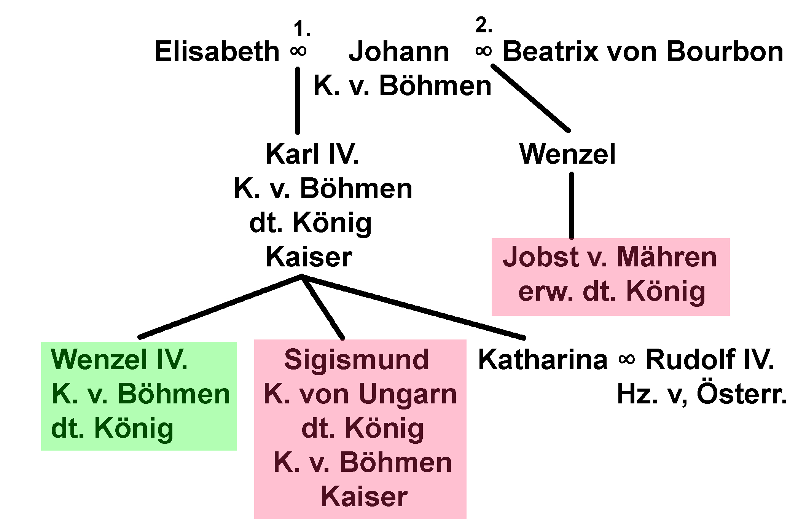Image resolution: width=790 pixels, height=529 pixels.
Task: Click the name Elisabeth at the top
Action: point(217,52)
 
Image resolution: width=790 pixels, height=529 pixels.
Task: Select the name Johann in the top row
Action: point(399,52)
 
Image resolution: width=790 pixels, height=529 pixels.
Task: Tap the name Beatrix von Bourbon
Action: point(643,52)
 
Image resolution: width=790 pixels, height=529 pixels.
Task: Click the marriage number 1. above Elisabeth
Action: point(302,29)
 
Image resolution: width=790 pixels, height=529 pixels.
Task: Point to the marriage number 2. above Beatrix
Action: point(484,26)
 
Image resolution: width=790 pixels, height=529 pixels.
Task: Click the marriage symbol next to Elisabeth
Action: point(298,51)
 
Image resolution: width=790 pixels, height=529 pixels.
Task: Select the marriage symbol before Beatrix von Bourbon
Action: point(483,51)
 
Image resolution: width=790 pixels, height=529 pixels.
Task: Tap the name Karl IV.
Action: point(312,155)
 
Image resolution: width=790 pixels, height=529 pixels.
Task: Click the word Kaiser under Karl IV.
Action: point(309,257)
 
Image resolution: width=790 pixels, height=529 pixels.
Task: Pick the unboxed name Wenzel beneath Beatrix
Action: point(567,155)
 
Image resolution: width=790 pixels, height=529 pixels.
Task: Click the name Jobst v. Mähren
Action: point(610,257)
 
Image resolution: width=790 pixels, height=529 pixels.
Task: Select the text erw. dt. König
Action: point(612,292)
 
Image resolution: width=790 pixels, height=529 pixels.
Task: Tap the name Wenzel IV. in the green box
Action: point(119,359)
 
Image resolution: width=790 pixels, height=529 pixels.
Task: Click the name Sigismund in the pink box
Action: point(356,359)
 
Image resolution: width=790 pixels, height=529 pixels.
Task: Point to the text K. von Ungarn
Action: point(360,394)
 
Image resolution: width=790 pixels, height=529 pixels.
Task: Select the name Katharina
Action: point(543,359)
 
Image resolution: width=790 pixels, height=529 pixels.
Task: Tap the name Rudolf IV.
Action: point(710,359)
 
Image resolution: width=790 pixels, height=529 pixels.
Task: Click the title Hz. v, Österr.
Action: point(702,395)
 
